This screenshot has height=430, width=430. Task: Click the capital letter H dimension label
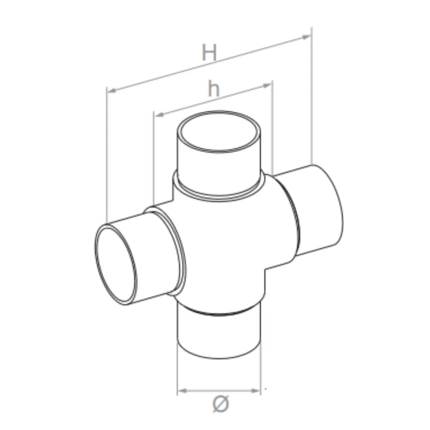[x=210, y=53]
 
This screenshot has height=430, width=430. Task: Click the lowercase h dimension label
[x=214, y=89]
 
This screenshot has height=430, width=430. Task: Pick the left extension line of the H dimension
[x=107, y=156]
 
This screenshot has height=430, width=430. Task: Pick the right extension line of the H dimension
[x=311, y=102]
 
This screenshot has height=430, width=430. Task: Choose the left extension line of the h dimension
[x=154, y=161]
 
